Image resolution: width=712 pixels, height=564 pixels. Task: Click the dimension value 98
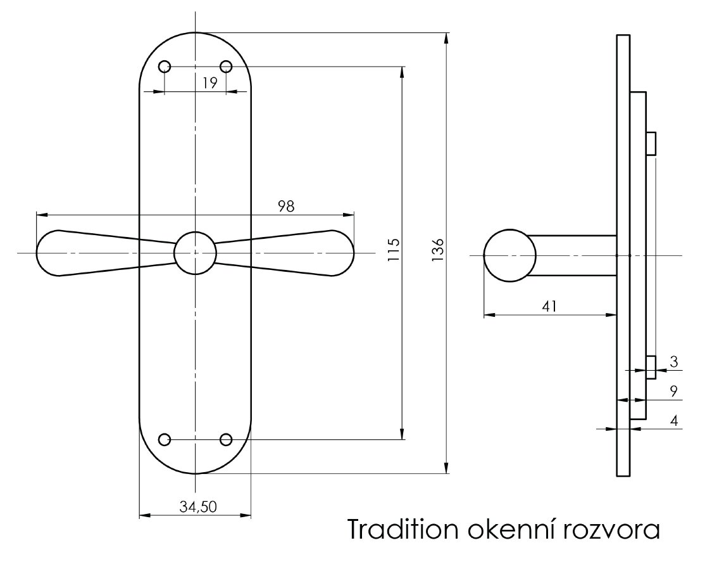[285, 206]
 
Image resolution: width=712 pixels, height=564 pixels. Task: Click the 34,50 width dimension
[198, 506]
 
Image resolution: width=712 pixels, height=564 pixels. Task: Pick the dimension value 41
[549, 306]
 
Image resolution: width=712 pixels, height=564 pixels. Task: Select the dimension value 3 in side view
[673, 362]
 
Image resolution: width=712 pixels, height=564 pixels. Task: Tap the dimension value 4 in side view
[673, 420]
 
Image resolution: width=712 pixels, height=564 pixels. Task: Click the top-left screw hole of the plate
[165, 67]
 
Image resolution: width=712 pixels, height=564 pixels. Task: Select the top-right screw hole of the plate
[225, 67]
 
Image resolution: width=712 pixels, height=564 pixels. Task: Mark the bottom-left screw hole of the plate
[165, 439]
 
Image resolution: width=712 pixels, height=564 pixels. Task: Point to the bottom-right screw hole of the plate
[225, 439]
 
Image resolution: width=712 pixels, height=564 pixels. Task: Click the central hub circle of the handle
[195, 253]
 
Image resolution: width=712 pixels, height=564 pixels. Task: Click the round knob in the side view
[509, 255]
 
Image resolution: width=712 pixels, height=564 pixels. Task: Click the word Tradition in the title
[402, 530]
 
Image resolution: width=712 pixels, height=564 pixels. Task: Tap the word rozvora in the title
[610, 530]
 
